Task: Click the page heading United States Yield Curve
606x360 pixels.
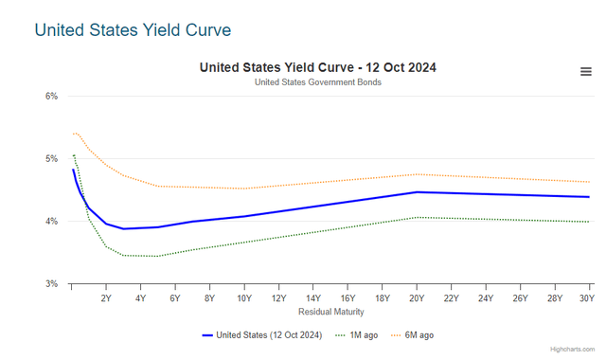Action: click(133, 29)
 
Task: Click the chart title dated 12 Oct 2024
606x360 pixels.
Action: click(317, 67)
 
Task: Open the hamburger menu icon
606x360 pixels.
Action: click(586, 73)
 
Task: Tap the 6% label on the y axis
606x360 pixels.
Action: click(51, 96)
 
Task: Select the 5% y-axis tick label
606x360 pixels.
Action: click(51, 158)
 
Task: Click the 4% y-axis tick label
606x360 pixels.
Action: click(51, 221)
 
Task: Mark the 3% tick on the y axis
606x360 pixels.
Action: click(51, 283)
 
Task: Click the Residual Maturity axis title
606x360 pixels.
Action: click(330, 312)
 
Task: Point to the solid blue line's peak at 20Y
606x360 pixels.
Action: click(417, 192)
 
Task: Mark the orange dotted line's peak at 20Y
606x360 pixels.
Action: click(417, 173)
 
